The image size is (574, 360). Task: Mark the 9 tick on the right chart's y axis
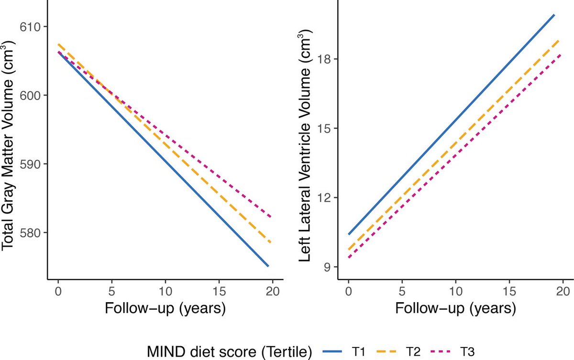click(329, 267)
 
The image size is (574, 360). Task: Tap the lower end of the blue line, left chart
click(268, 266)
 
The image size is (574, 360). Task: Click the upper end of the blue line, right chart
click(554, 15)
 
